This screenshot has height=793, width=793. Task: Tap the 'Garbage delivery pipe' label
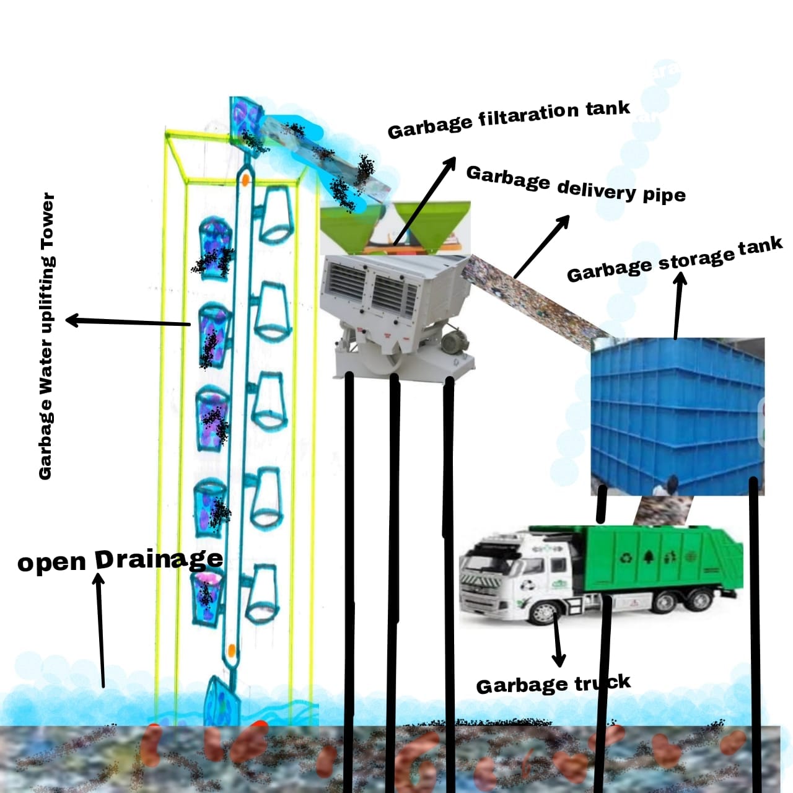click(576, 185)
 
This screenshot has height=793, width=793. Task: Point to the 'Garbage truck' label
click(553, 685)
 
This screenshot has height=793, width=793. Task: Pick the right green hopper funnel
click(434, 223)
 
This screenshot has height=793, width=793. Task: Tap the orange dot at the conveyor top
click(245, 180)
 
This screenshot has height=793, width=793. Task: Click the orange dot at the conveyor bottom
click(231, 651)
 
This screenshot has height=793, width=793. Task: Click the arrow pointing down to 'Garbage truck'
click(558, 641)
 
